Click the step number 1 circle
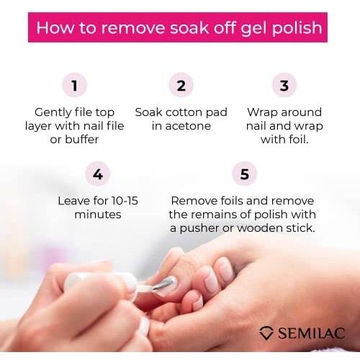[74, 85]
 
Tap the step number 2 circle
[181, 85]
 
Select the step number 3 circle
[284, 85]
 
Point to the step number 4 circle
[98, 174]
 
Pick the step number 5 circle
[245, 174]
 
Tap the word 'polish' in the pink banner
[297, 28]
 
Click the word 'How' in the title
[55, 27]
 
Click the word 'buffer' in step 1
[82, 139]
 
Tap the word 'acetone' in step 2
[188, 126]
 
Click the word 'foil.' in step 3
[297, 139]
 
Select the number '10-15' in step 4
[125, 201]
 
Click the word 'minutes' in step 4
[98, 215]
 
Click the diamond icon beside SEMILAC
[266, 333]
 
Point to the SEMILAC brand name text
[312, 333]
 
